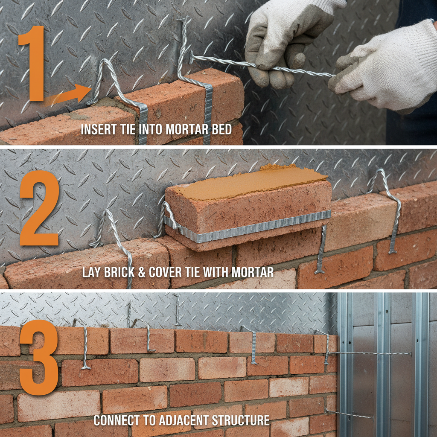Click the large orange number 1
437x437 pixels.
point(32,64)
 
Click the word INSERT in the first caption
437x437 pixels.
point(97,129)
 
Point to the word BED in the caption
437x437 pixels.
point(221,129)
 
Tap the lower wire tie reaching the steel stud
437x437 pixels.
point(350,414)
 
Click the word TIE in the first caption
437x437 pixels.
point(128,129)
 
